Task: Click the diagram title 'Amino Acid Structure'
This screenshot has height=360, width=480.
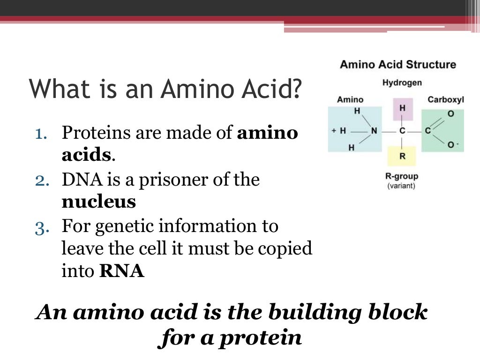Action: click(397, 64)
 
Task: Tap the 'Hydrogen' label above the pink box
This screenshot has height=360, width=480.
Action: click(402, 83)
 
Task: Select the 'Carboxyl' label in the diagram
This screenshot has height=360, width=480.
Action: click(445, 99)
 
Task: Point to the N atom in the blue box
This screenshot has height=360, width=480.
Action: click(374, 131)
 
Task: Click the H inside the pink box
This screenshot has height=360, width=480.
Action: click(402, 108)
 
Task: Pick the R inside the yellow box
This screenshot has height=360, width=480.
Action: click(402, 157)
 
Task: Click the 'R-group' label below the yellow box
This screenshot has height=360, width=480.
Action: click(401, 177)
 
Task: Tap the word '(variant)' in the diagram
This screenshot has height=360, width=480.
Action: click(401, 186)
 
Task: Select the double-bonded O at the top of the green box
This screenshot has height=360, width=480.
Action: click(450, 114)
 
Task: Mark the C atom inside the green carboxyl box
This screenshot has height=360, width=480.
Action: click(427, 131)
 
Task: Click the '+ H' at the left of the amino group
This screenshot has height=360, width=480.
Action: click(338, 131)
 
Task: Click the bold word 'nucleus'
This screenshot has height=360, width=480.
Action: click(98, 202)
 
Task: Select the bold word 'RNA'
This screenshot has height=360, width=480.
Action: click(122, 271)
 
